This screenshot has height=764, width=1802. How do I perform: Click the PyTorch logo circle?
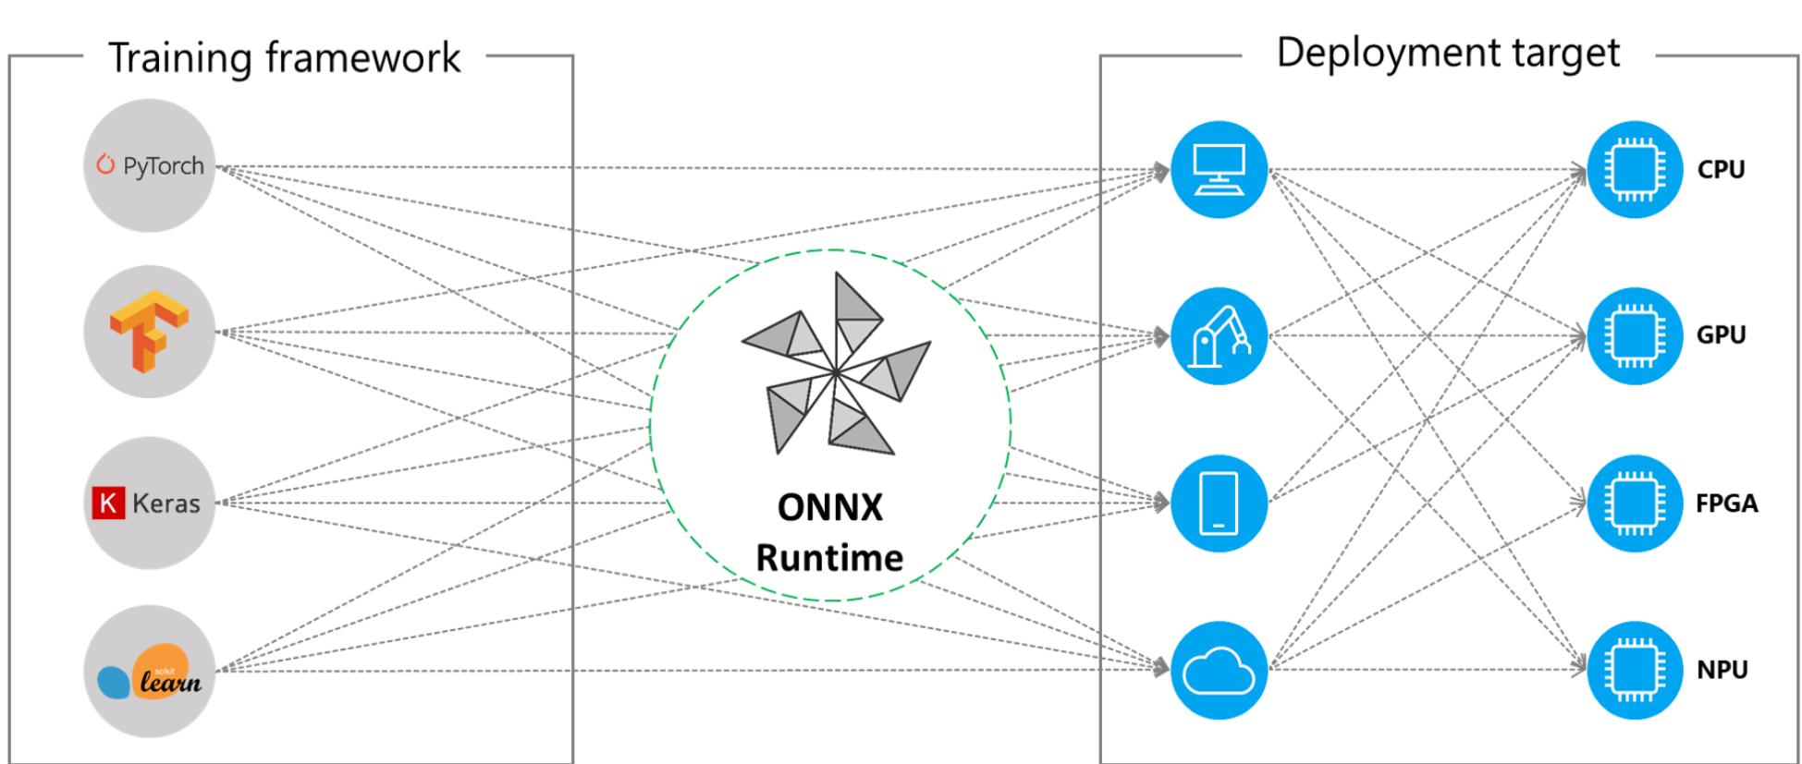pyautogui.click(x=149, y=165)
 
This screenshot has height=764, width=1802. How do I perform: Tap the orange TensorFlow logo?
pyautogui.click(x=148, y=331)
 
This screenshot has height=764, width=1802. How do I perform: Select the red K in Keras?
pyautogui.click(x=108, y=503)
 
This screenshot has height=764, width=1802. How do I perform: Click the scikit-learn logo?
pyautogui.click(x=149, y=672)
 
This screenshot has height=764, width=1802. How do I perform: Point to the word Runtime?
pyautogui.click(x=829, y=558)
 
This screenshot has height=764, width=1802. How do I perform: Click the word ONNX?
pyautogui.click(x=829, y=507)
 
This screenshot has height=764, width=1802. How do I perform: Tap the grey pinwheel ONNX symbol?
pyautogui.click(x=834, y=367)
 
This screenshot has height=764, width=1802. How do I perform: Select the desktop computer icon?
pyautogui.click(x=1218, y=169)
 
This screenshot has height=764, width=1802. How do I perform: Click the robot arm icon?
pyautogui.click(x=1218, y=335)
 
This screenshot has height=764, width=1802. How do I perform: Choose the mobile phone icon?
pyautogui.click(x=1218, y=503)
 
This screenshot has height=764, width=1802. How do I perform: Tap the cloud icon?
pyautogui.click(x=1218, y=670)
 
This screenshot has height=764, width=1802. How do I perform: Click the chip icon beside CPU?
pyautogui.click(x=1634, y=169)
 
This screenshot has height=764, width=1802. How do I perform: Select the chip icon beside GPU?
pyautogui.click(x=1634, y=335)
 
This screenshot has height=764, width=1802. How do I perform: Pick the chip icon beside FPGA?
pyautogui.click(x=1634, y=503)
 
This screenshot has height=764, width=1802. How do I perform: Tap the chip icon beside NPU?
pyautogui.click(x=1634, y=670)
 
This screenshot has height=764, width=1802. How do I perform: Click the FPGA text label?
pyautogui.click(x=1726, y=503)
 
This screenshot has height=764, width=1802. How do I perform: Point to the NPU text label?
pyautogui.click(x=1722, y=670)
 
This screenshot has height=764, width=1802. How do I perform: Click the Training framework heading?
pyautogui.click(x=284, y=57)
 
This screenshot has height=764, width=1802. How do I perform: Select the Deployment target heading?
pyautogui.click(x=1447, y=53)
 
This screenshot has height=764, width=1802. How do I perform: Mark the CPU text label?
pyautogui.click(x=1721, y=170)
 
